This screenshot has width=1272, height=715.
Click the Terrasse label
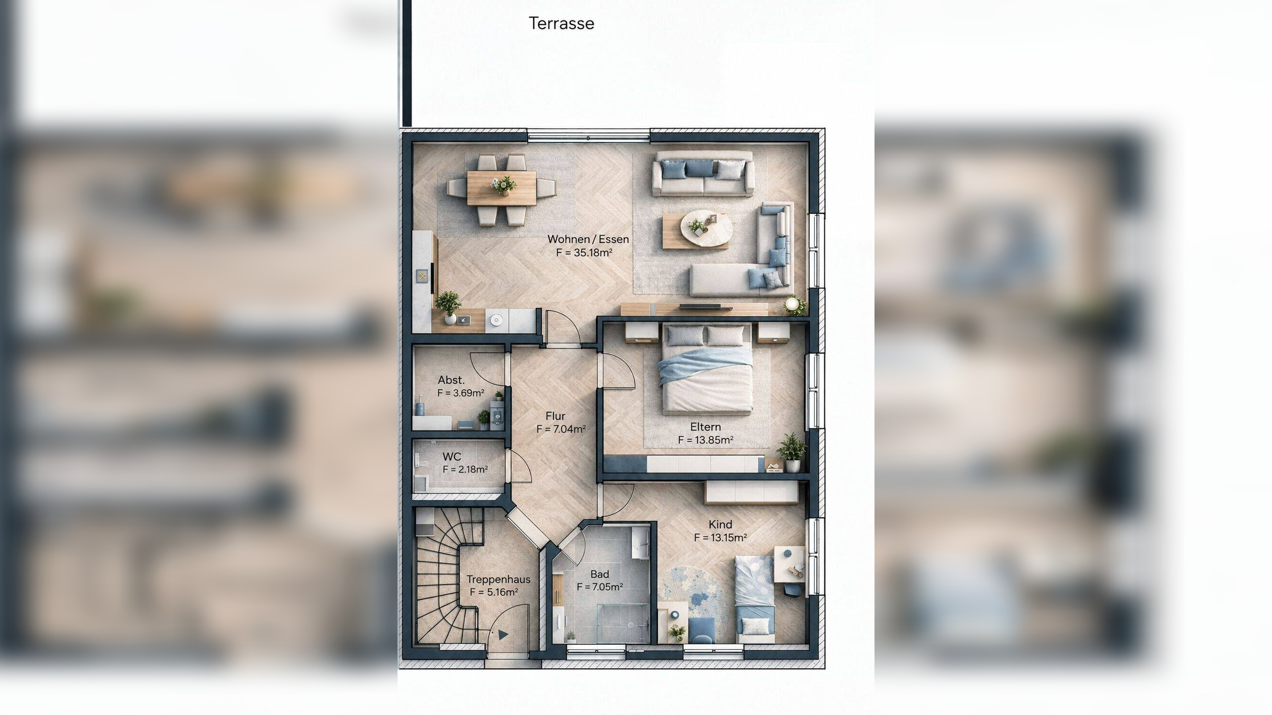561,23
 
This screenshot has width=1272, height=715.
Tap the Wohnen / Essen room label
588,239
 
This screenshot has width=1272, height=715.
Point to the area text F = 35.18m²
584,252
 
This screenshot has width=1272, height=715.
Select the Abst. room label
451,380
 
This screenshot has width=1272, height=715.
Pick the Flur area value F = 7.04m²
561,429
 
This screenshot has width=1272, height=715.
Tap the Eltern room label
706,427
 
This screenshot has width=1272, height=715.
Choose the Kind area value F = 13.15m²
720,537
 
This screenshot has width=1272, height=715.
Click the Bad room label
600,574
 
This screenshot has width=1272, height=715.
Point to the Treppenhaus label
498,579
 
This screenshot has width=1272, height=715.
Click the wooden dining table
501,188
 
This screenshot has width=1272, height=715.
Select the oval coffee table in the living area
706,228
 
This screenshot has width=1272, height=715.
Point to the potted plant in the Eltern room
791,452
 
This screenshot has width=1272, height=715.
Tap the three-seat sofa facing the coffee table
703,173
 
